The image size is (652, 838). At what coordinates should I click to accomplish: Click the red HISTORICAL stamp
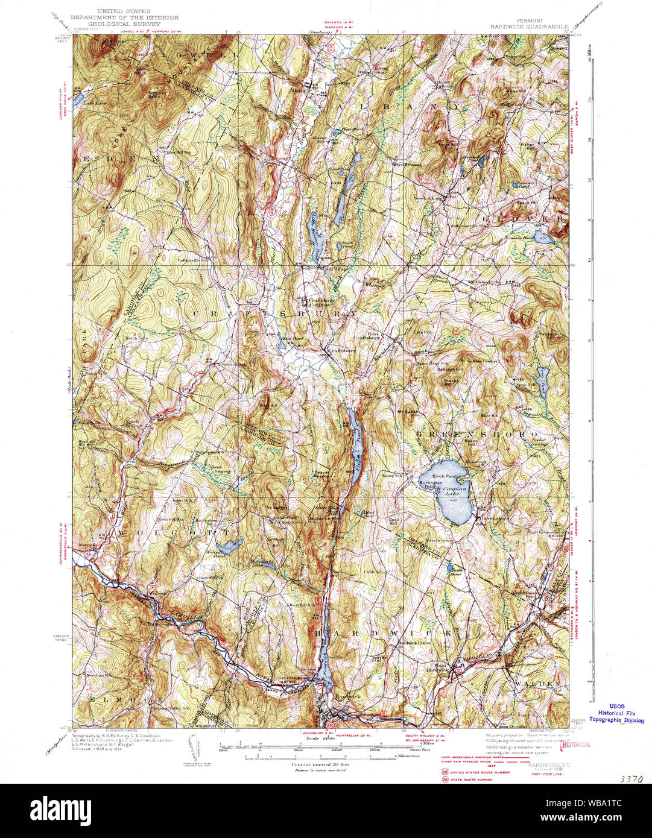click(575, 745)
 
